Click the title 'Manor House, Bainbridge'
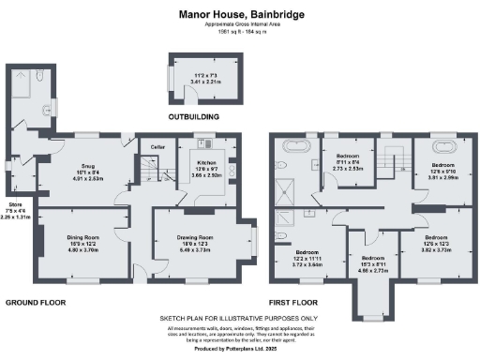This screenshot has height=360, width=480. pos(240,16)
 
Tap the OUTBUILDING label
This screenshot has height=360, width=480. pos(193,117)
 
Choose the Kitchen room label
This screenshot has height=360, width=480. pos(205,166)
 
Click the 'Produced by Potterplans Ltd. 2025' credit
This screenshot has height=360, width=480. pos(240,349)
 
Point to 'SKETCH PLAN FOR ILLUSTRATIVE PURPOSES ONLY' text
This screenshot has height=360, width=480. pos(240,319)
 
